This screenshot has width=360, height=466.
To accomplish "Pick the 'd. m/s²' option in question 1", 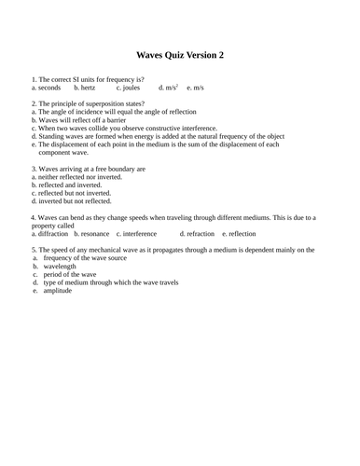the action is (169, 87).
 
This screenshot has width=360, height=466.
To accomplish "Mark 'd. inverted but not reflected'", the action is (73, 200).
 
